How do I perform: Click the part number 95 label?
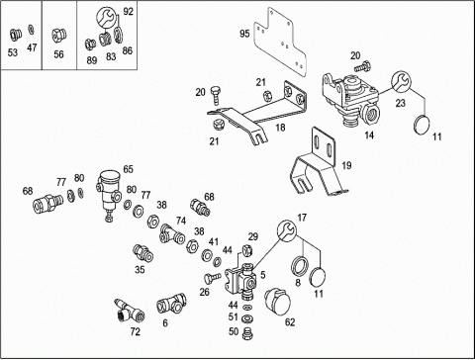pos(244,34)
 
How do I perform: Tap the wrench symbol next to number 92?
pos(106,18)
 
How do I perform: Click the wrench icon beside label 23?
pos(401,82)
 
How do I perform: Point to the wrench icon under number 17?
pos(286,229)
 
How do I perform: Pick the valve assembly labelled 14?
pos(352,102)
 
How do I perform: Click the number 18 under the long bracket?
pos(280,128)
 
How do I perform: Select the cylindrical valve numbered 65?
pos(109,194)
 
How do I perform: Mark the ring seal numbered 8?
pos(300,265)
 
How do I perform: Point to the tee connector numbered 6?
pos(171,304)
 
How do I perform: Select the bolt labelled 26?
pos(212,278)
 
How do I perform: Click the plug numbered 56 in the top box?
pos(59,35)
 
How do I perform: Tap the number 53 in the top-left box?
pos(13,52)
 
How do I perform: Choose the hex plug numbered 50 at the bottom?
pos(246,333)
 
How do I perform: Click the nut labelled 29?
pos(247,251)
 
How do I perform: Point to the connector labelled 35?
pos(142,253)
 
